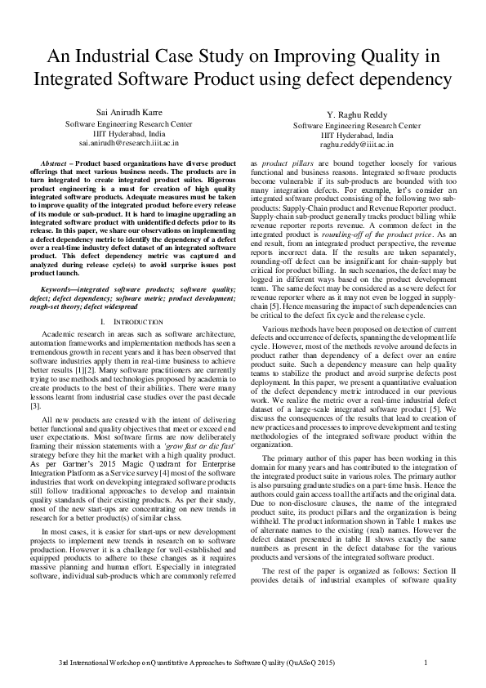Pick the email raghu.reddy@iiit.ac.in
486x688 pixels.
[x=357, y=144]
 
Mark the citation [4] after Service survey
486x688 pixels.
[x=163, y=455]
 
